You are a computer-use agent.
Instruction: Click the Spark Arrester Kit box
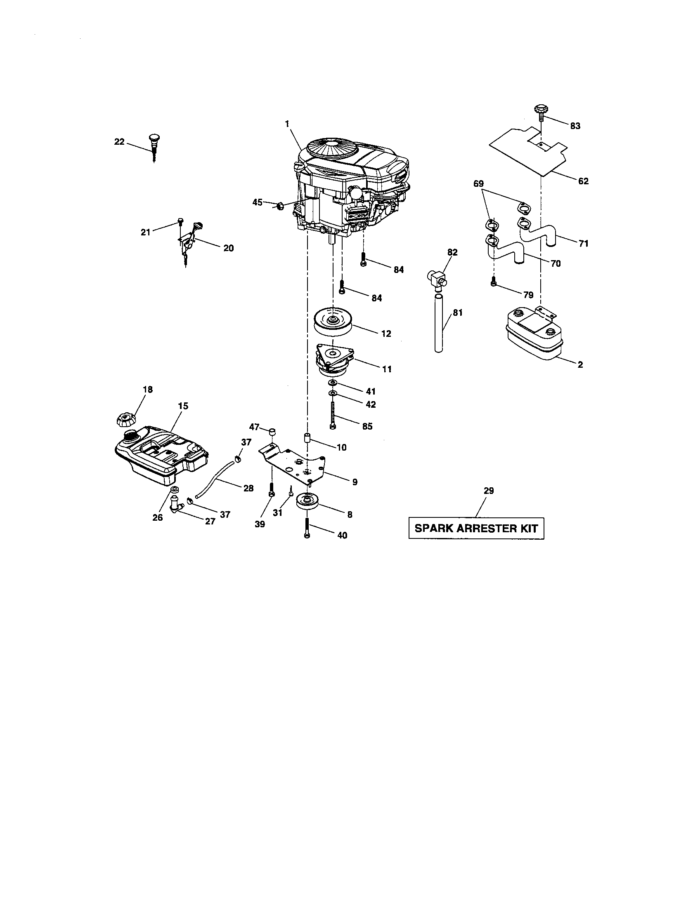(476, 528)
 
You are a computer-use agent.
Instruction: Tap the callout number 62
(583, 181)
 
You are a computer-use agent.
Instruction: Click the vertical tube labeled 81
(439, 323)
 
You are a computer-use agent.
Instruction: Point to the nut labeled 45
(280, 205)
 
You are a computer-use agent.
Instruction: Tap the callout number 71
(583, 243)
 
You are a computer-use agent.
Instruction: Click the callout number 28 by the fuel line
(248, 489)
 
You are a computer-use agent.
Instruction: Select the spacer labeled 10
(307, 438)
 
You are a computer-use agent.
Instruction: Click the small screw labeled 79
(493, 282)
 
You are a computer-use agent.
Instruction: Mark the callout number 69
(478, 183)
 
